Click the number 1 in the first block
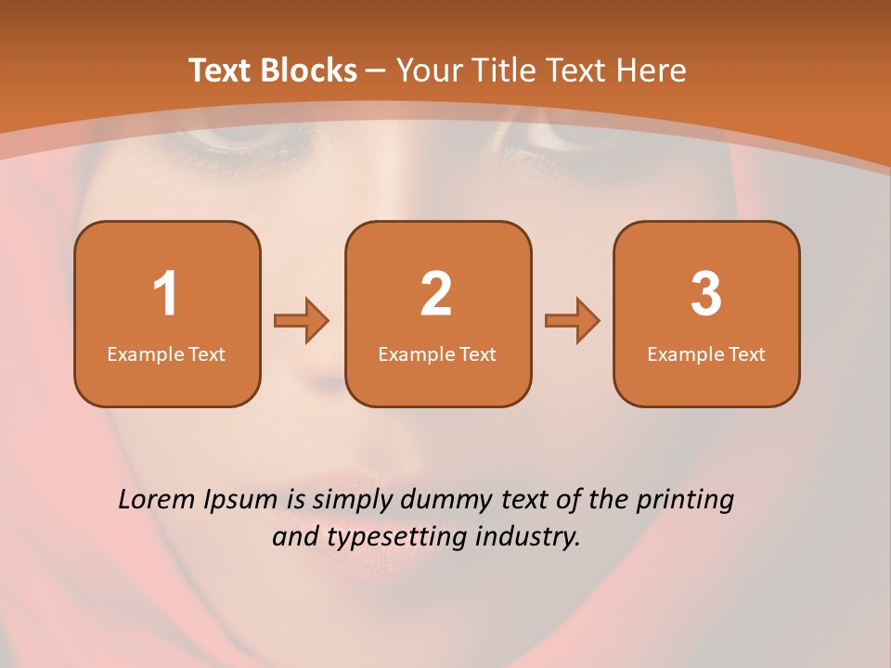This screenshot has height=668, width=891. click(165, 294)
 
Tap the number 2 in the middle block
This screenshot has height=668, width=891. click(436, 294)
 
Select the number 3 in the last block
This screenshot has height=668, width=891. click(706, 294)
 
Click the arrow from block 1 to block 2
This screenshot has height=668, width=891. click(302, 321)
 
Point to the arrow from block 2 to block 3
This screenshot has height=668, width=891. click(573, 321)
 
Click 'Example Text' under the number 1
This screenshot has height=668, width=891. click(166, 353)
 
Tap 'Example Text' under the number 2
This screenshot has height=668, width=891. click(437, 353)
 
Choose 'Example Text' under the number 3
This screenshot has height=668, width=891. click(706, 353)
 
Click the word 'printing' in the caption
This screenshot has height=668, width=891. click(685, 501)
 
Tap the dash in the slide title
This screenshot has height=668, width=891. click(376, 71)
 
